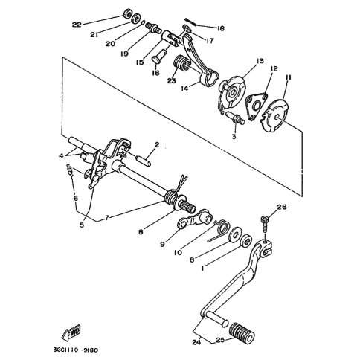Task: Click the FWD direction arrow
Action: click(x=71, y=331)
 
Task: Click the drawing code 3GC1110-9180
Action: click(x=76, y=350)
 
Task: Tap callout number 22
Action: click(x=77, y=25)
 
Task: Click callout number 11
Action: click(x=288, y=78)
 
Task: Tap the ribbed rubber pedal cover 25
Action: click(x=242, y=332)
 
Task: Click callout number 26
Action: click(x=282, y=207)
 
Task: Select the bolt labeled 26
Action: click(x=265, y=223)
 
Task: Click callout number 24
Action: click(x=196, y=342)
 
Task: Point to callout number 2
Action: click(x=157, y=144)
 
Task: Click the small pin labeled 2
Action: click(x=144, y=161)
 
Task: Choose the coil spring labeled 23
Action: click(x=181, y=63)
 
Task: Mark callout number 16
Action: click(x=156, y=74)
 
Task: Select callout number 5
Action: click(x=82, y=225)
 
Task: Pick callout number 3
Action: click(x=234, y=136)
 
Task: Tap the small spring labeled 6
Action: click(x=70, y=170)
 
